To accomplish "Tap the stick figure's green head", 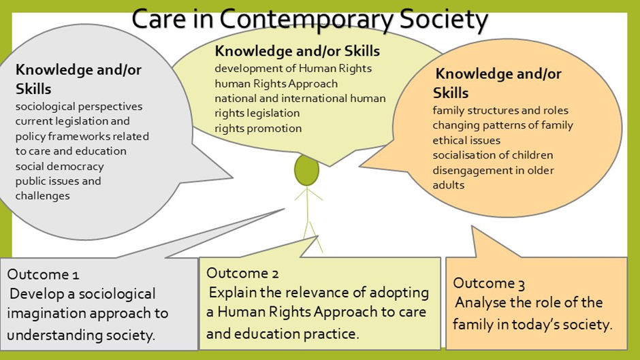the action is coord(306,170).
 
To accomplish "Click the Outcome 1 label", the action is coord(43,274).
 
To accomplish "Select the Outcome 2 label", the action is coord(242,273).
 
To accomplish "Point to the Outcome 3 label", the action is coord(489,283).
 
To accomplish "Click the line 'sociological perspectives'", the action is coord(79,107).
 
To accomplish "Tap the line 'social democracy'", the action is coord(60,167).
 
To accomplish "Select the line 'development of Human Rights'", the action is coord(293,68).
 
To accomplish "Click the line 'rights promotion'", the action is coord(258,128).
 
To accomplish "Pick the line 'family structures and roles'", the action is coord(500,111).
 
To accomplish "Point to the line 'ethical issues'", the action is coord(466,140).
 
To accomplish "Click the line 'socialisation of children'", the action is coord(493,155).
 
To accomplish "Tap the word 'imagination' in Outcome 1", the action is coord(46,314).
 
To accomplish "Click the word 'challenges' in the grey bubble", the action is coord(42,196).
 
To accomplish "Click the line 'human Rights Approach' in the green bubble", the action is coord(276,83).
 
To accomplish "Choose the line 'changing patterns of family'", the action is coord(503,125).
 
